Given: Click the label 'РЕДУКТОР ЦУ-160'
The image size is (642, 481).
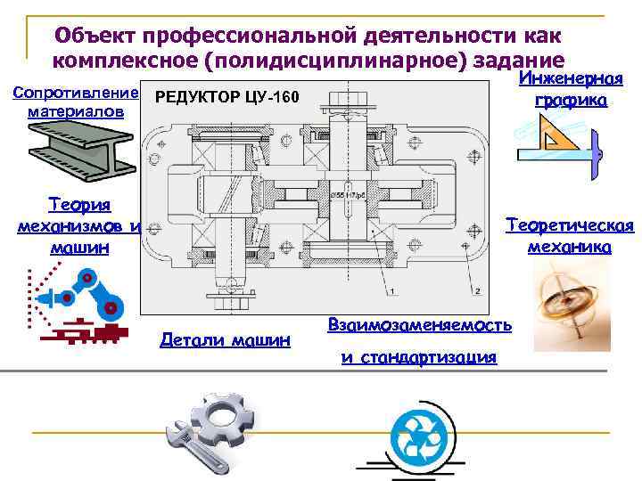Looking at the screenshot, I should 227,96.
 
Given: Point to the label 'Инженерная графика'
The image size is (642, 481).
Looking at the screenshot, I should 571,90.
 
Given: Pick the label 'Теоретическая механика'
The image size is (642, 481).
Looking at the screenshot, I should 570,236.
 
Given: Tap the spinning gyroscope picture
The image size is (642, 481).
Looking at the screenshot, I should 566,303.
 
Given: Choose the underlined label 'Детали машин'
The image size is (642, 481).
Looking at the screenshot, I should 225,338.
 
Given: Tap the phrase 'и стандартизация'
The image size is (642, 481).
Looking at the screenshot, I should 418,358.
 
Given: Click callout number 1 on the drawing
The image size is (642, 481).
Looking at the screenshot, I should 390,291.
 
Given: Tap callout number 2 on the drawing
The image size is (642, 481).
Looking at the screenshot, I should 478,291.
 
